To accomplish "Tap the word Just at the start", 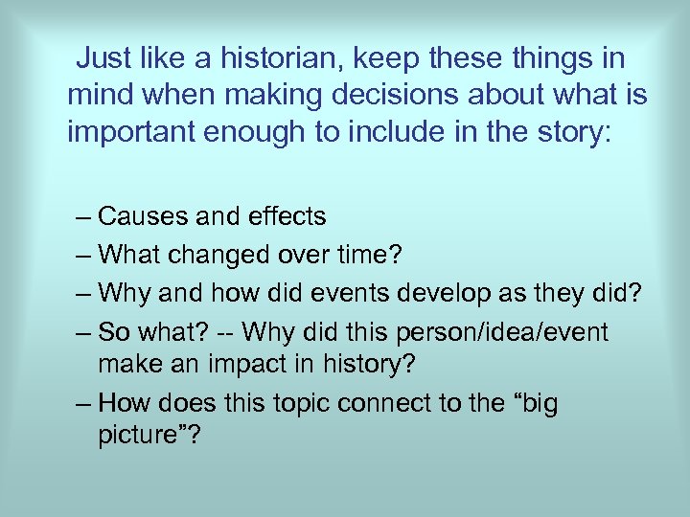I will tap(103, 58).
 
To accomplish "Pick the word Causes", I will tap(144, 217).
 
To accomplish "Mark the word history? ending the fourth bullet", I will tap(377, 365).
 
